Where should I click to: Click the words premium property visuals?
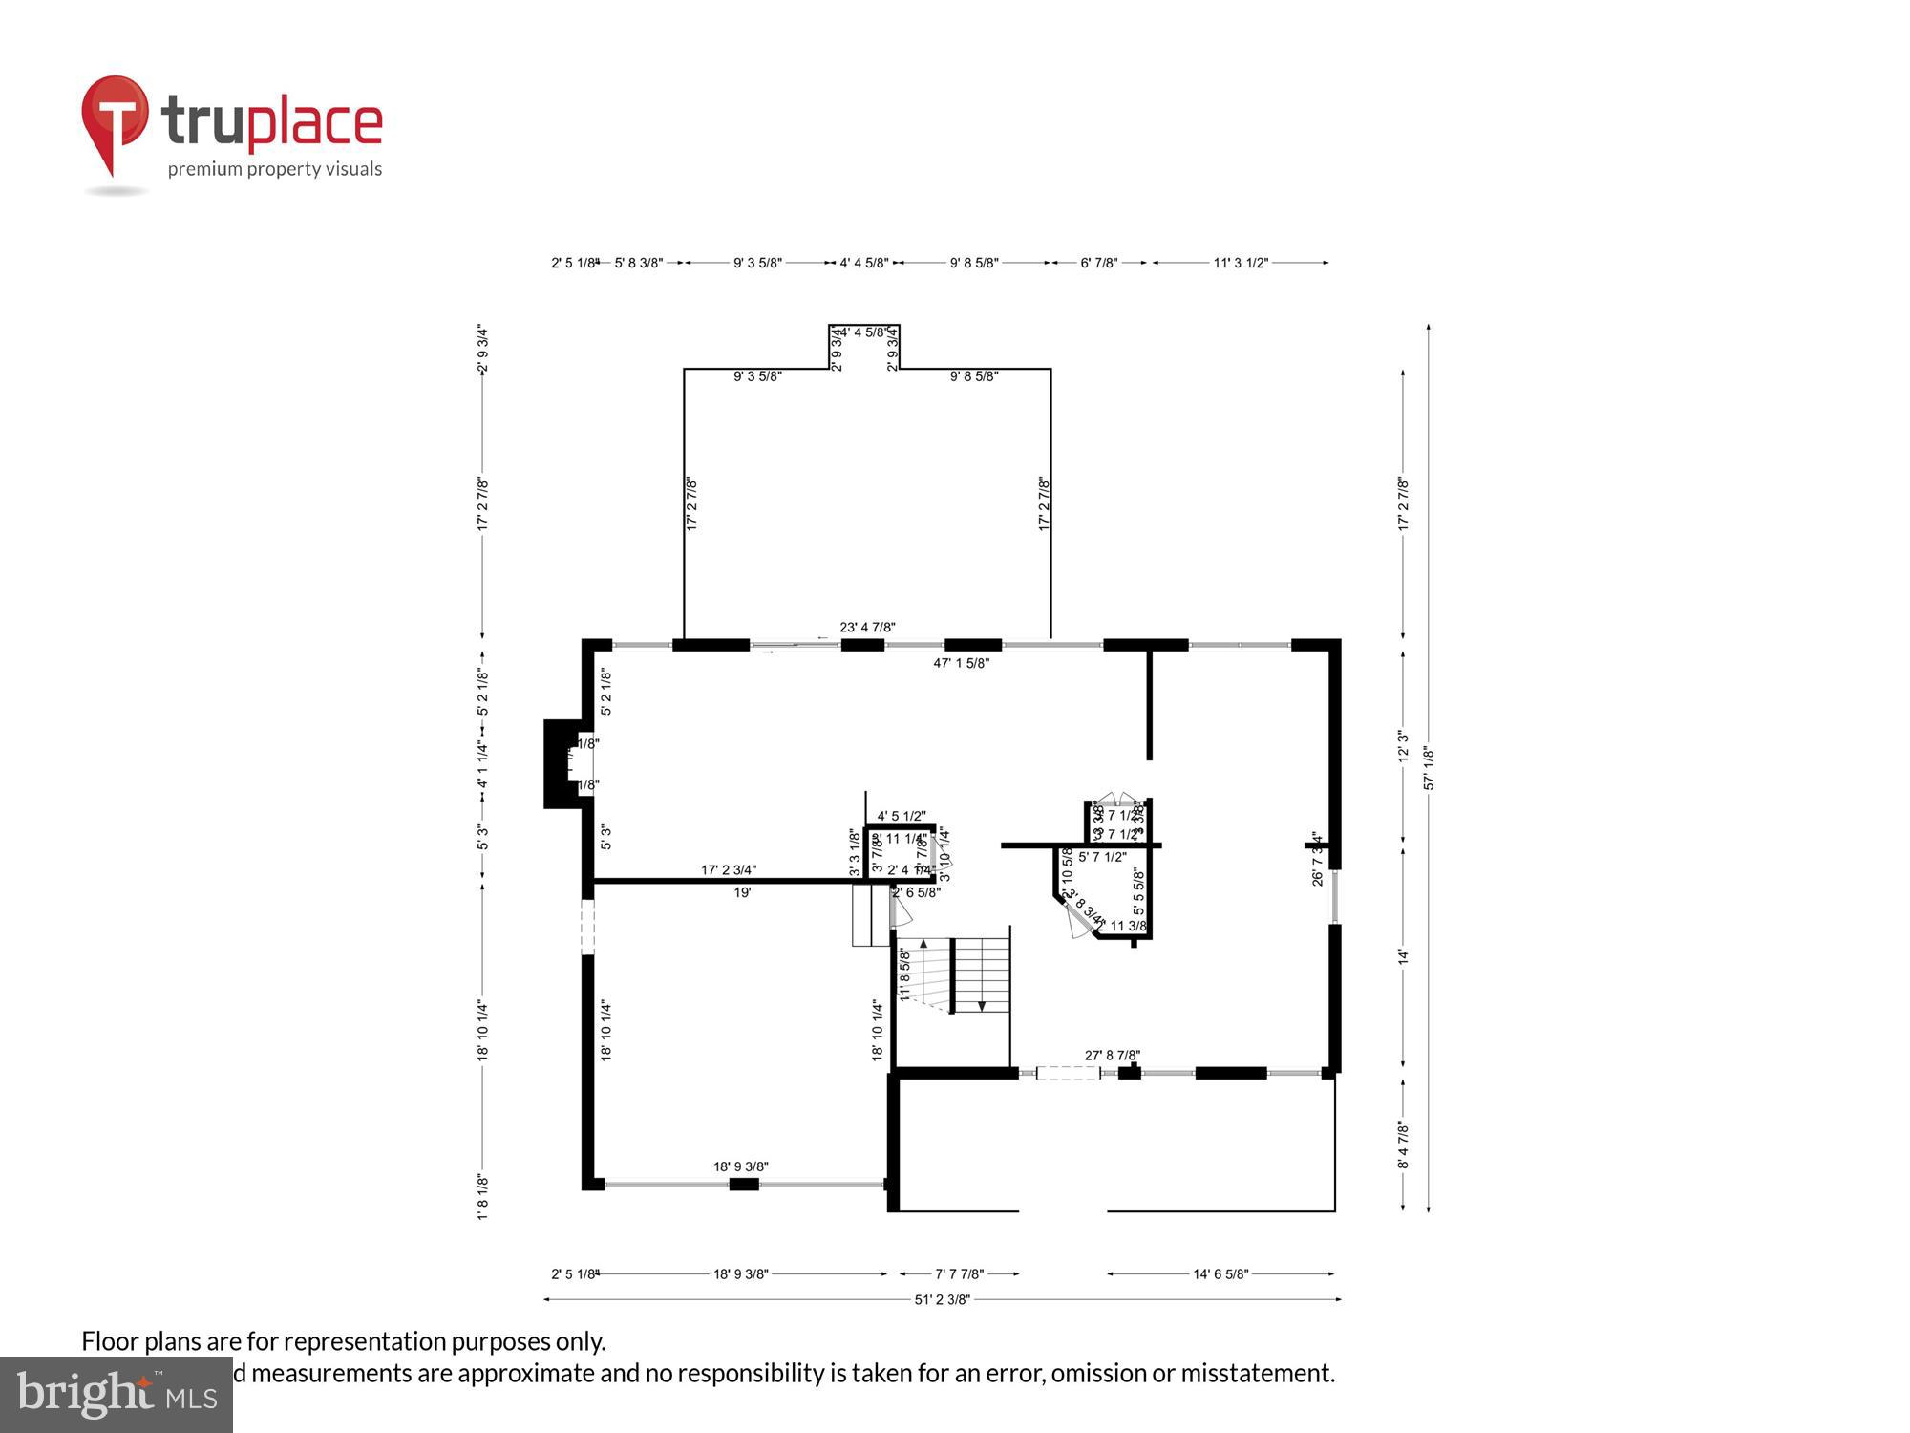[x=275, y=170]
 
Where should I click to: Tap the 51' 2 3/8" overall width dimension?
[x=942, y=1299]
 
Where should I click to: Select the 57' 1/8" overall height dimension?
[x=1429, y=768]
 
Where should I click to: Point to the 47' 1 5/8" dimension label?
[x=961, y=663]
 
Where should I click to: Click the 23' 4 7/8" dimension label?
[x=867, y=628]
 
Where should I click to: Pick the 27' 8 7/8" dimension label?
[x=1112, y=1056]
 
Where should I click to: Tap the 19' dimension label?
[x=742, y=892]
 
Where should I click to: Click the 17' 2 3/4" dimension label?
[x=729, y=870]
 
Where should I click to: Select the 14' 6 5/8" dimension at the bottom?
[x=1220, y=1273]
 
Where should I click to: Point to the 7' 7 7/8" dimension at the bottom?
[x=959, y=1273]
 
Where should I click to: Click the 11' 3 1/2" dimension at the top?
[x=1241, y=263]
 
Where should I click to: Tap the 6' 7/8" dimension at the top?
[x=1098, y=263]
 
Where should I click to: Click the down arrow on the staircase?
[x=982, y=1005]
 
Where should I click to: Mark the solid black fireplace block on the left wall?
[x=560, y=764]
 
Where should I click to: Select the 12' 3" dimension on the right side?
[x=1402, y=746]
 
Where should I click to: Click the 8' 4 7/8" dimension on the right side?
[x=1402, y=1144]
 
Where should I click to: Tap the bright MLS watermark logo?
[x=117, y=1396]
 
